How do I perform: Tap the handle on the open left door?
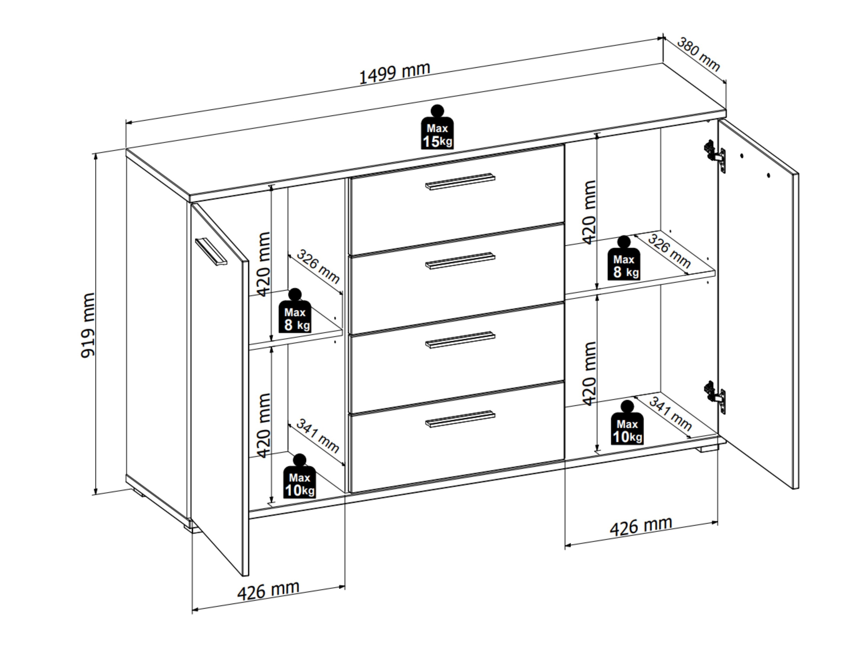tap(211, 252)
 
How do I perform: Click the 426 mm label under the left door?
tap(269, 590)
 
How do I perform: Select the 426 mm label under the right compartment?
tap(641, 526)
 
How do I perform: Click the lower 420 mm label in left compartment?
tap(264, 425)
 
